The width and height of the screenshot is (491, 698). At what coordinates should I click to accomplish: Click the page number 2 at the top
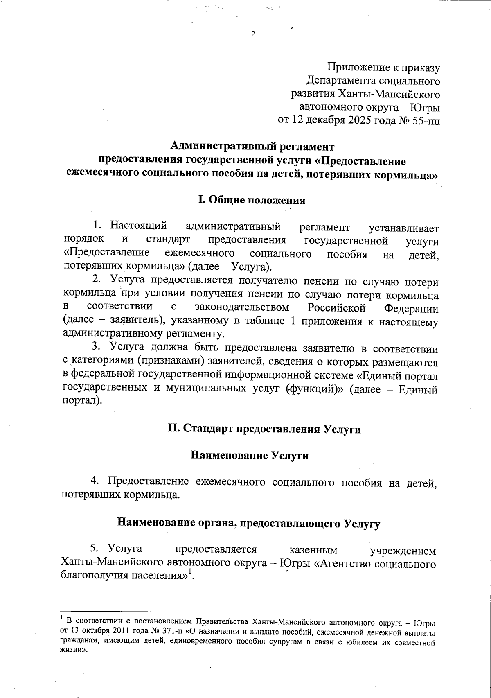coord(252,34)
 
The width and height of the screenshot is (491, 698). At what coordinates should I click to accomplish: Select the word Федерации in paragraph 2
coord(411,307)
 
